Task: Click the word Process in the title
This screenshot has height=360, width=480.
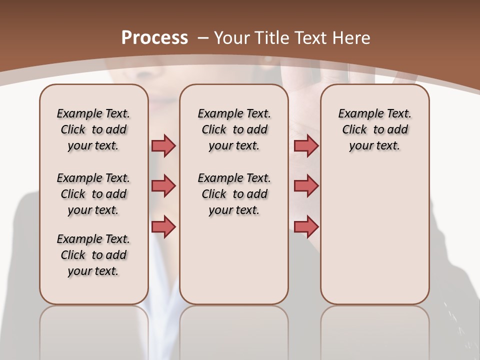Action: coord(154,37)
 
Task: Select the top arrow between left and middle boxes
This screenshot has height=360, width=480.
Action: coord(163,145)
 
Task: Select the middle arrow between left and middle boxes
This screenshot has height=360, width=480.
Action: coord(163,186)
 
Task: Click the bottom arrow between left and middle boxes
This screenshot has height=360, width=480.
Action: coord(163,226)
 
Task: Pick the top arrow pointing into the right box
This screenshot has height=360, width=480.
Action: coord(306,145)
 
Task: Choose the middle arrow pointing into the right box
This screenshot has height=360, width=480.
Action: coord(306,186)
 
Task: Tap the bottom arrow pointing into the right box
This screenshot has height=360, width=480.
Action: coord(306,226)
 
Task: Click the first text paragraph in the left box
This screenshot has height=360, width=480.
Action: coord(93,129)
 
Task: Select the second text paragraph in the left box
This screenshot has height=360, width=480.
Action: coord(93,194)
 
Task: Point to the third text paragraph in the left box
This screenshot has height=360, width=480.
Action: coord(93,255)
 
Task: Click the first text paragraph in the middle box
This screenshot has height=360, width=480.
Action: coord(234,129)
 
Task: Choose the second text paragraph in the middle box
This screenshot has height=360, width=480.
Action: coord(234,194)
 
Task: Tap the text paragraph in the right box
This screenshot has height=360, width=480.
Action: coord(374,129)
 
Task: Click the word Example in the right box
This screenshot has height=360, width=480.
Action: coord(358,113)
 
